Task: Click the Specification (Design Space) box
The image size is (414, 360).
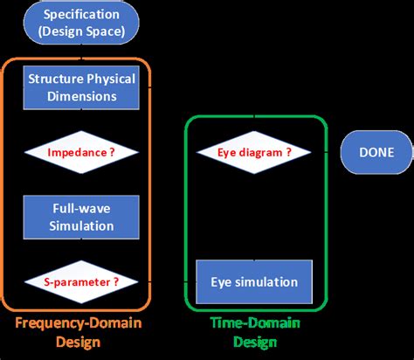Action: click(81, 24)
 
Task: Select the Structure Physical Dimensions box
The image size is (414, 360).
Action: click(81, 87)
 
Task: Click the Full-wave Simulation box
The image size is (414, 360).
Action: click(81, 217)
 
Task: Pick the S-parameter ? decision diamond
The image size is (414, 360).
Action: click(81, 281)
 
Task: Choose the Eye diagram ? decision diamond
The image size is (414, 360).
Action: click(253, 152)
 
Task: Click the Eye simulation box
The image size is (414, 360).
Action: click(254, 281)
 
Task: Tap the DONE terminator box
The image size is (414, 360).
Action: click(376, 152)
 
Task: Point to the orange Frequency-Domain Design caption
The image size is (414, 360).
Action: click(80, 332)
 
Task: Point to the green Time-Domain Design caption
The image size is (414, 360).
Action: click(254, 332)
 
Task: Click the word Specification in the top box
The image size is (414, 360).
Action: click(81, 16)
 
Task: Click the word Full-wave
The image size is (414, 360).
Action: click(81, 209)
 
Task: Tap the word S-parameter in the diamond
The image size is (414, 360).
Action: click(76, 281)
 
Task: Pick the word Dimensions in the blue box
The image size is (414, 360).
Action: click(81, 95)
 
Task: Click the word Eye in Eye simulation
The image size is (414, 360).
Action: click(222, 281)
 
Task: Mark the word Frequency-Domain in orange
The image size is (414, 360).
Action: click(80, 324)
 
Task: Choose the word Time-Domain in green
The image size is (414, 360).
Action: click(254, 324)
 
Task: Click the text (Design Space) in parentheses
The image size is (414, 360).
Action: click(81, 33)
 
